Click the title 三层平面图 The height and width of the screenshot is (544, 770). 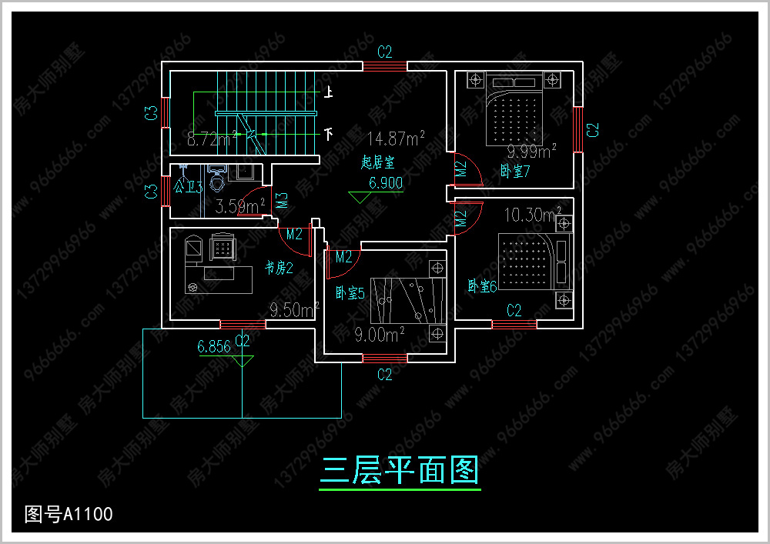point(400,469)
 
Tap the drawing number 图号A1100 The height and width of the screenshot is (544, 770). point(69,514)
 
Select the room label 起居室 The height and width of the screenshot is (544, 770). point(377,162)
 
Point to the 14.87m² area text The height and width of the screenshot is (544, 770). point(396,139)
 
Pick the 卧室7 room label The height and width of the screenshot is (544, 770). point(515,171)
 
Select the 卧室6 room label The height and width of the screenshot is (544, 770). point(483,286)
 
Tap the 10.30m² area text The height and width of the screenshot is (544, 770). point(532,213)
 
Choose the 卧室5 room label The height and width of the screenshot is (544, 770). point(350,293)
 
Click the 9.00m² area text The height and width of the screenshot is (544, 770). point(380,335)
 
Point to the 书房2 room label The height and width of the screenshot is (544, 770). point(279,268)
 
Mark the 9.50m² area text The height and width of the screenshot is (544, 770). point(294,310)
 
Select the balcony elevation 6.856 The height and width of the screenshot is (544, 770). point(214,346)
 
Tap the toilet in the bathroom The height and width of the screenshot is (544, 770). point(217,181)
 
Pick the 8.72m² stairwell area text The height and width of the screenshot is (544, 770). point(212,140)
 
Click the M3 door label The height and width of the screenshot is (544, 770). point(283,202)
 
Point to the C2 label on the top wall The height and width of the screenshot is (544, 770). point(385,52)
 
